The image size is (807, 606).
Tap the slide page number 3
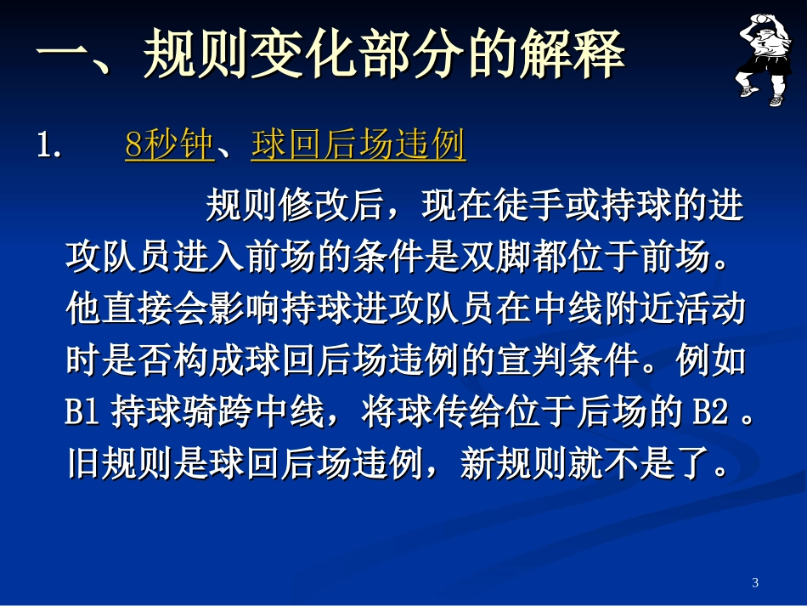click(x=755, y=582)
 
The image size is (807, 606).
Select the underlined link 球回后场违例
click(x=358, y=146)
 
